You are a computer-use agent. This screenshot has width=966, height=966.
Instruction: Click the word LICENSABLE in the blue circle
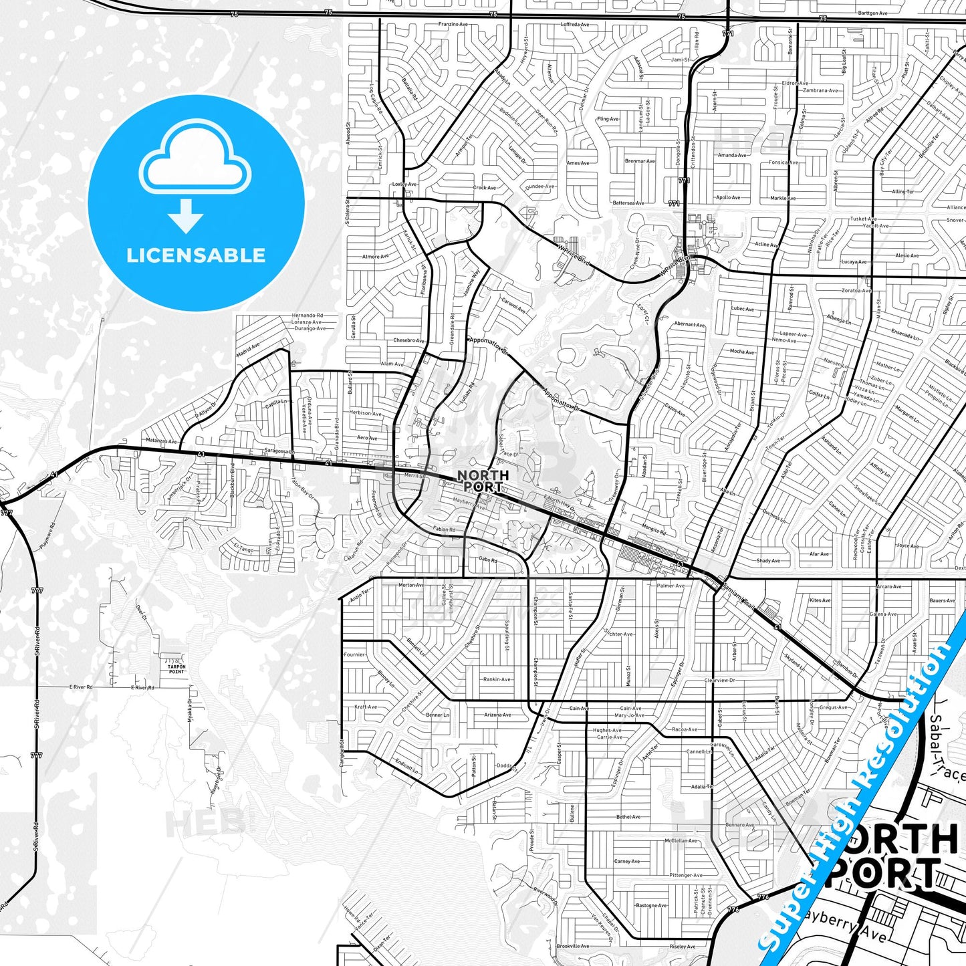coord(196,255)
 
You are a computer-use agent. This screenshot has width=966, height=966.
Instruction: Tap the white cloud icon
coord(195,162)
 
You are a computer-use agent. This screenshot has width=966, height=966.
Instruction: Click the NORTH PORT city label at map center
coord(483,481)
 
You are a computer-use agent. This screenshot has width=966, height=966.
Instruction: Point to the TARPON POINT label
coord(176,669)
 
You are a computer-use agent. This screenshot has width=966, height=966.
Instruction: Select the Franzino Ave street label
coord(453,24)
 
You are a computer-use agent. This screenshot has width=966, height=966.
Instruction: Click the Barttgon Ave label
coord(872,13)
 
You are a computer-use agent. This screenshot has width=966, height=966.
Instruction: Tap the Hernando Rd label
coord(307,316)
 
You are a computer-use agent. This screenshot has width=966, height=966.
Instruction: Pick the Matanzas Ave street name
coord(161,441)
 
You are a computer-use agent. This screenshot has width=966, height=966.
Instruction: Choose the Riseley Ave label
coord(682,947)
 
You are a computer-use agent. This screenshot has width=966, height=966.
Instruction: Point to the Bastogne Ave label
coord(650,906)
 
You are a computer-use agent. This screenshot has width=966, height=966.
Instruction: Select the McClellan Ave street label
coord(681,840)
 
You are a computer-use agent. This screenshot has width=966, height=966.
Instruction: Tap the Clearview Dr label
coord(719,681)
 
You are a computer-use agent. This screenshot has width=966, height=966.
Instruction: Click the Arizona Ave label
coord(497,715)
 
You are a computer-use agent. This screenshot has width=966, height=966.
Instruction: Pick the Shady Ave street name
coord(768,561)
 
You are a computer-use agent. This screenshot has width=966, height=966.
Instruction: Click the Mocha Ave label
coord(742,352)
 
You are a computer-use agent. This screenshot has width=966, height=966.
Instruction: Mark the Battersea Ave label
coord(628,203)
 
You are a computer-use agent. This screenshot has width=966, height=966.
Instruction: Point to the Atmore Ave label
coord(375,257)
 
